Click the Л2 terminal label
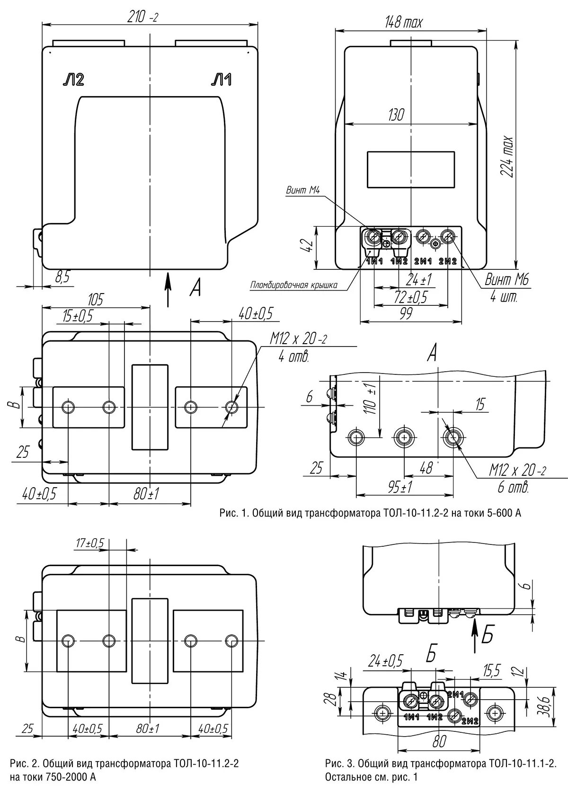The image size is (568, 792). (x=73, y=80)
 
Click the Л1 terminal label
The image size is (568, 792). (x=221, y=80)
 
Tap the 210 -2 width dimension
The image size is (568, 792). (x=142, y=18)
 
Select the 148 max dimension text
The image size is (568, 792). (x=404, y=22)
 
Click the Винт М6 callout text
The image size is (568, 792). (x=506, y=280)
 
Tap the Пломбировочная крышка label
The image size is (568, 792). (x=293, y=285)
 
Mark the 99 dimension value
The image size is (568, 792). (x=406, y=313)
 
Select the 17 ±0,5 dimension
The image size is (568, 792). (x=90, y=543)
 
